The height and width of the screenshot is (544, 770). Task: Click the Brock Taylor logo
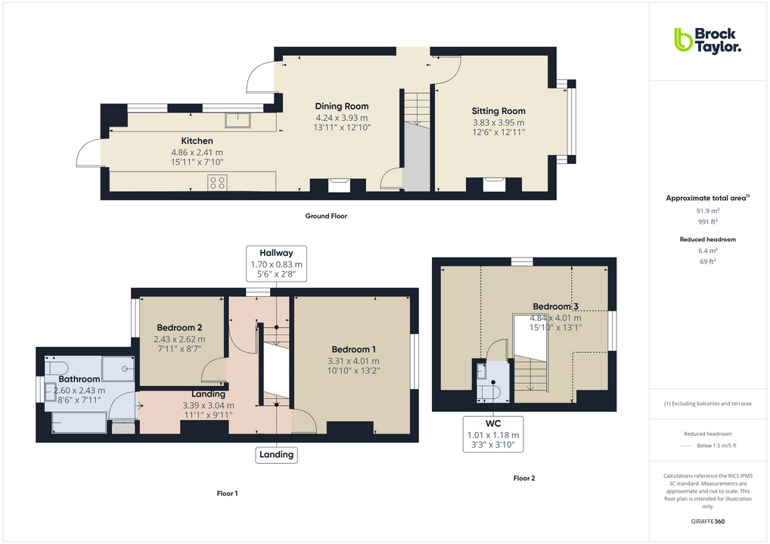click(x=707, y=40)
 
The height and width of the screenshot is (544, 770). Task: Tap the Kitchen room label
click(x=197, y=141)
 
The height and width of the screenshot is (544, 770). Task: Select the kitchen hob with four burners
click(x=218, y=181)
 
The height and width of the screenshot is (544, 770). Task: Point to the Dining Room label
click(x=341, y=107)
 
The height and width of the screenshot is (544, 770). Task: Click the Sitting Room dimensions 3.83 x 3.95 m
click(x=498, y=122)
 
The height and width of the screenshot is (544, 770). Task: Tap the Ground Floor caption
click(x=326, y=216)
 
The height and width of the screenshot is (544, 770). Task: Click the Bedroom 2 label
click(x=179, y=328)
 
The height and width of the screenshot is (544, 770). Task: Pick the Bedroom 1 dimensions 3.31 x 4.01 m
click(x=353, y=360)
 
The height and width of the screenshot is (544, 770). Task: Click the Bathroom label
click(x=79, y=379)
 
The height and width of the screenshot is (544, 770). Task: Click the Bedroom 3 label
click(x=556, y=307)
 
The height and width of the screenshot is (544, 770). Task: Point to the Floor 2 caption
click(x=523, y=478)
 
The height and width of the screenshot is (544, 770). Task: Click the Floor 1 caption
click(x=227, y=493)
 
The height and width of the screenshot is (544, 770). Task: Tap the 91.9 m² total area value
click(x=707, y=211)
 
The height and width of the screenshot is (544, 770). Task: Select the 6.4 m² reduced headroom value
click(x=707, y=250)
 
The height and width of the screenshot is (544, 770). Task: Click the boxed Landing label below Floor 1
click(x=276, y=454)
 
